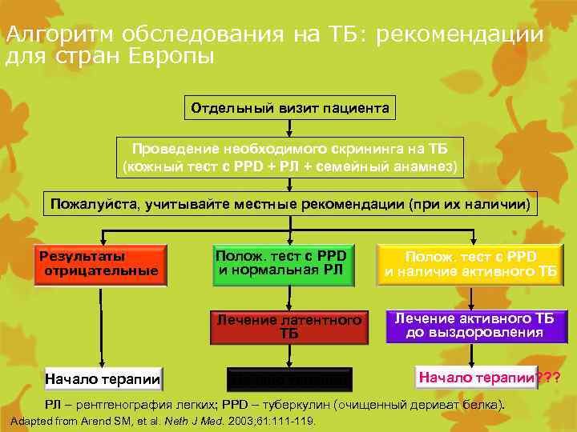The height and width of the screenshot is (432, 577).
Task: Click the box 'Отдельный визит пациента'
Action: point(290,107)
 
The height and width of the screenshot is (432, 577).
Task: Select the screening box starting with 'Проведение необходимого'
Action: point(290,158)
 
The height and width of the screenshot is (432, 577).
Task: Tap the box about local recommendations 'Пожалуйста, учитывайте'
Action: point(290,204)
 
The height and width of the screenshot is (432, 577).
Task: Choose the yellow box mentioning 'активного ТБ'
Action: point(469,265)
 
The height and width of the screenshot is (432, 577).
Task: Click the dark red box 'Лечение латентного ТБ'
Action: point(289,326)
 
